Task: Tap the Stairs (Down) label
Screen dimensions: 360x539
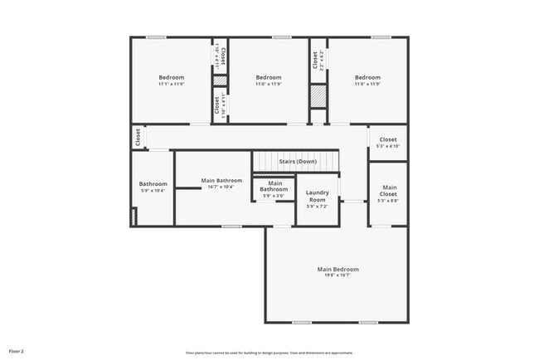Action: [x=297, y=161]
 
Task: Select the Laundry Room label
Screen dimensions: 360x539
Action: [x=318, y=196]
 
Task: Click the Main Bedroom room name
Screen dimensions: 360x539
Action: [x=337, y=269]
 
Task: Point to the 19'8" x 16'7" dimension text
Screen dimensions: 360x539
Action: [x=337, y=275]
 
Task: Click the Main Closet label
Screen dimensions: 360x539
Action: [x=388, y=191]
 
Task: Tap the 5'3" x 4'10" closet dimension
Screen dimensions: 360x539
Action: [x=388, y=146]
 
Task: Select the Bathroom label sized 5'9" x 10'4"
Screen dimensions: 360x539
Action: [x=153, y=184]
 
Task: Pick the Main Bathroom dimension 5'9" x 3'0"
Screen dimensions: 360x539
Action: [x=274, y=196]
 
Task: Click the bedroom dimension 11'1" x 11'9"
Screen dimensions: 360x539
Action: [x=172, y=84]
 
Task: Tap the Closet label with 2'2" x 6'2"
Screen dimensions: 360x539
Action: [x=315, y=60]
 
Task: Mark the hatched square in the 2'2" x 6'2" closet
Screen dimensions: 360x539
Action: [x=318, y=95]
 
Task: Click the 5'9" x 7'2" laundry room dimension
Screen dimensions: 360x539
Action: [x=318, y=207]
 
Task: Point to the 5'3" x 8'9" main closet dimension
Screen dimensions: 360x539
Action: [x=388, y=201]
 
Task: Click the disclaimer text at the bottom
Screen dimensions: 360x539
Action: [x=269, y=352]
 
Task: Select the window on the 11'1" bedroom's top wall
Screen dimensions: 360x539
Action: [x=156, y=37]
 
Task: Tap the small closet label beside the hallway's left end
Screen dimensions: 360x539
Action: [x=138, y=137]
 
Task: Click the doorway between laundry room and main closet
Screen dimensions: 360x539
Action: [x=354, y=201]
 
